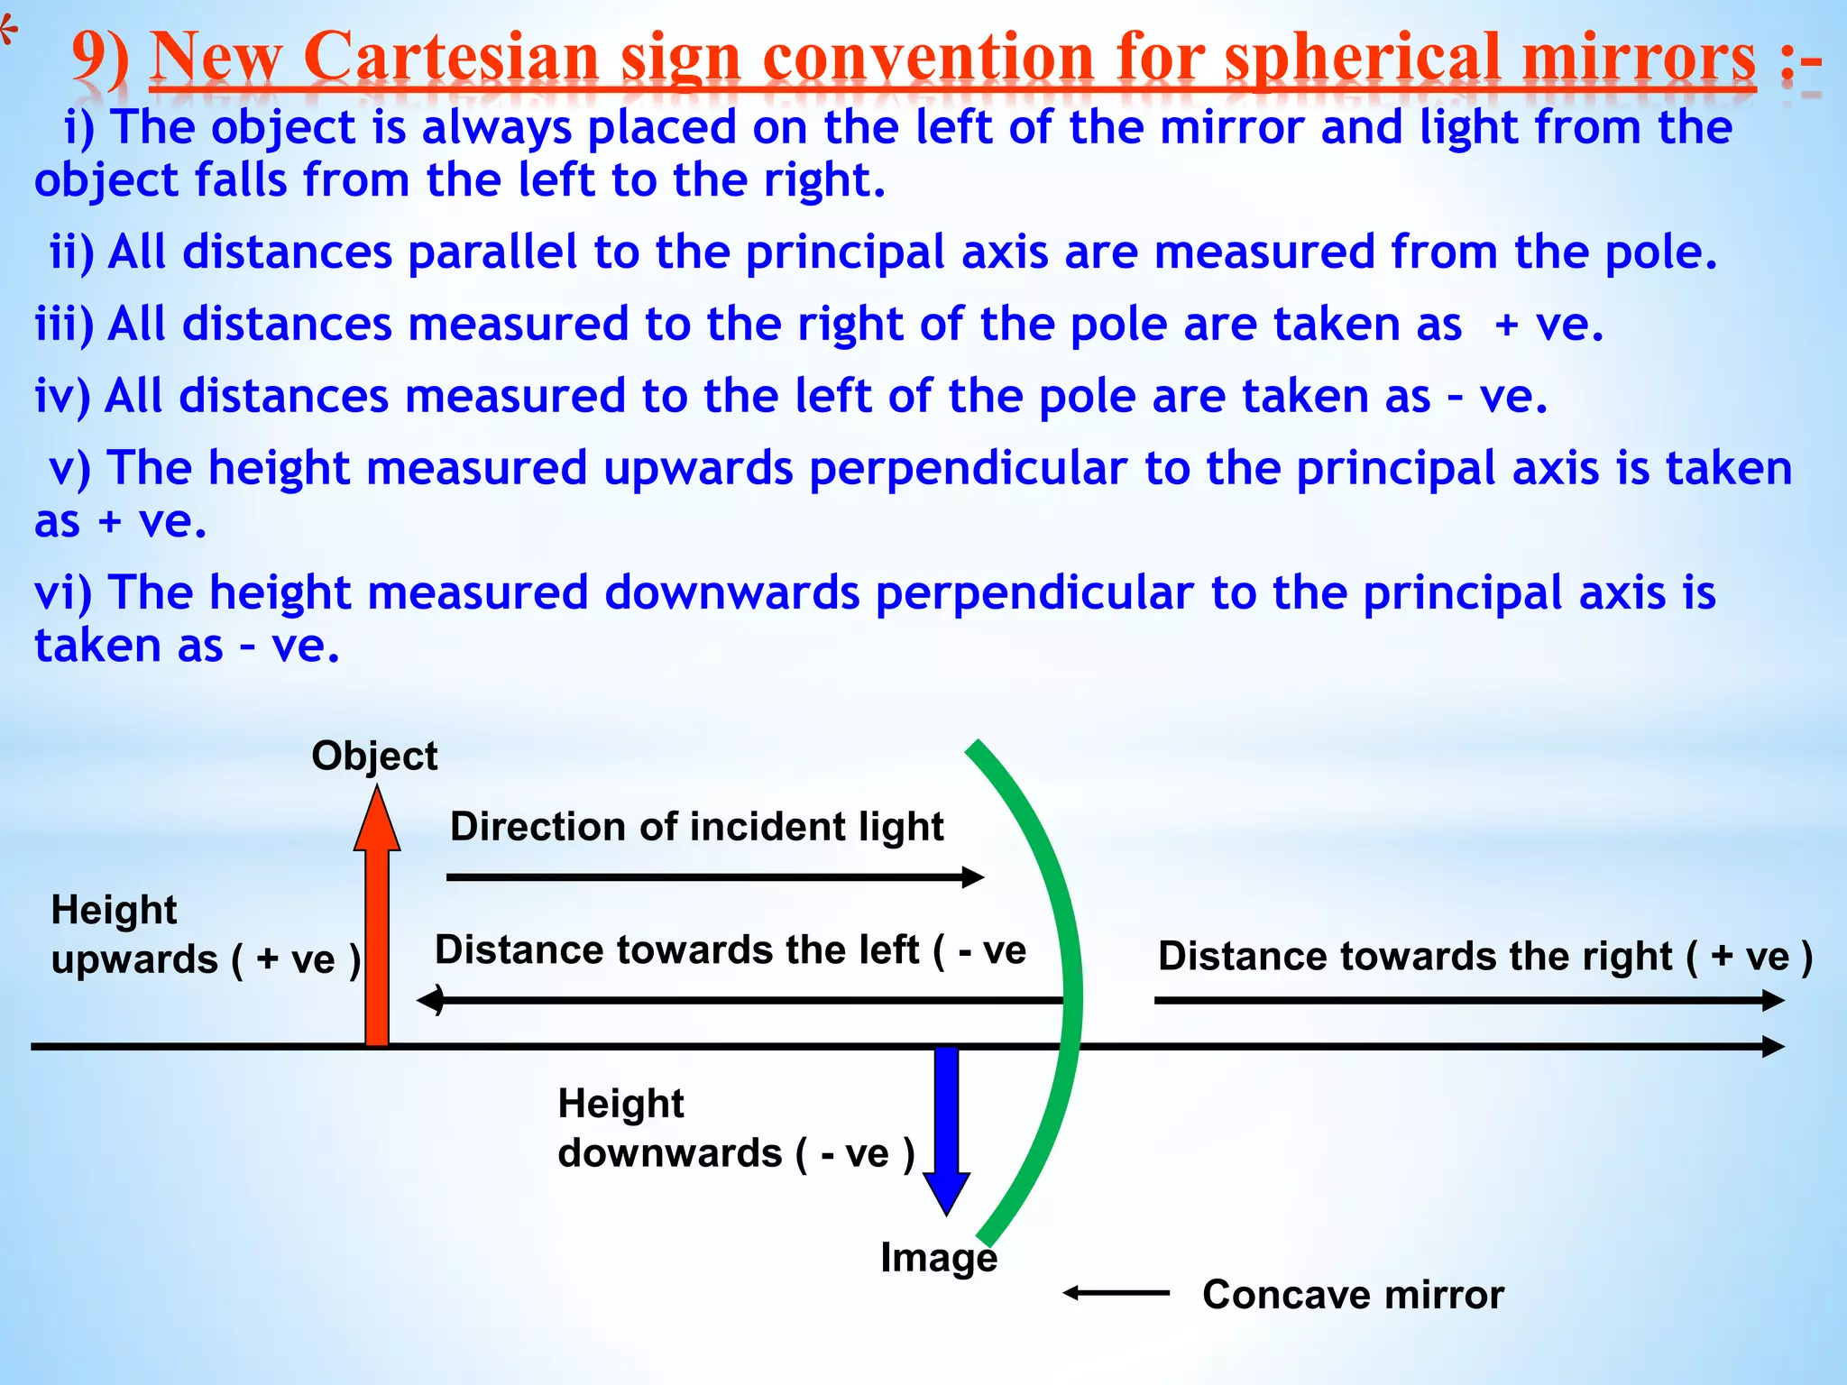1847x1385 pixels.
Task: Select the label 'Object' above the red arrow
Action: click(x=374, y=756)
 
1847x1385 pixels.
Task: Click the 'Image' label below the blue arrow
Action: click(x=938, y=1257)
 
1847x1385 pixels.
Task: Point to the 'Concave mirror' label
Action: click(x=1353, y=1295)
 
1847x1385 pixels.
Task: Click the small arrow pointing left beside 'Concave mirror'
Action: click(x=1116, y=1293)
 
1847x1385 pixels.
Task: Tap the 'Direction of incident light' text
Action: click(x=696, y=826)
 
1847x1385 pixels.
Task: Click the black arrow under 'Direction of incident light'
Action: click(x=712, y=876)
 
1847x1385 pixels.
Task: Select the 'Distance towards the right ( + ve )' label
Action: click(x=1484, y=956)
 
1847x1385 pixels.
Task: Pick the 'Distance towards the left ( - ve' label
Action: click(x=731, y=950)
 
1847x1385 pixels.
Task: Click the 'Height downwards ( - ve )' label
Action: click(x=736, y=1129)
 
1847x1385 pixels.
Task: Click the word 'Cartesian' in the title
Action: click(x=451, y=58)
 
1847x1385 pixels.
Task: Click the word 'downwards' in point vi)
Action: click(x=731, y=593)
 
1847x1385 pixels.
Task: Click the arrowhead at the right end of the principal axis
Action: click(x=1773, y=1047)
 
